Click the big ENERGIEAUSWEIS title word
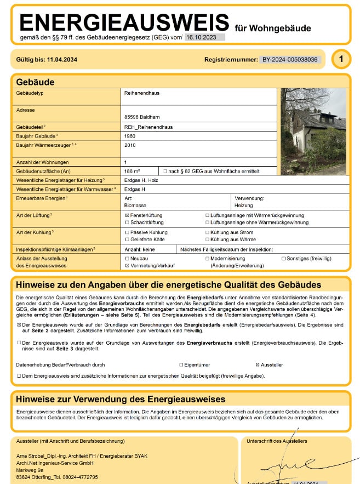pyautogui.click(x=124, y=22)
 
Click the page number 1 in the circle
pyautogui.click(x=341, y=59)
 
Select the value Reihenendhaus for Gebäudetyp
pyautogui.click(x=142, y=93)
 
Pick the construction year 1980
pyautogui.click(x=130, y=135)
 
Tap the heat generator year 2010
pyautogui.click(x=130, y=145)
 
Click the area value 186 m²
pyautogui.click(x=133, y=171)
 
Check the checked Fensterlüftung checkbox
pyautogui.click(x=127, y=215)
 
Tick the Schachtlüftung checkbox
pyautogui.click(x=127, y=223)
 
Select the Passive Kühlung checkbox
pyautogui.click(x=127, y=232)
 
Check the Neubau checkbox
pyautogui.click(x=127, y=258)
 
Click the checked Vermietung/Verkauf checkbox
pyautogui.click(x=127, y=265)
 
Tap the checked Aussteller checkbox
pyautogui.click(x=258, y=365)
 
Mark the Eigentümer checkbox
pyautogui.click(x=181, y=365)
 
